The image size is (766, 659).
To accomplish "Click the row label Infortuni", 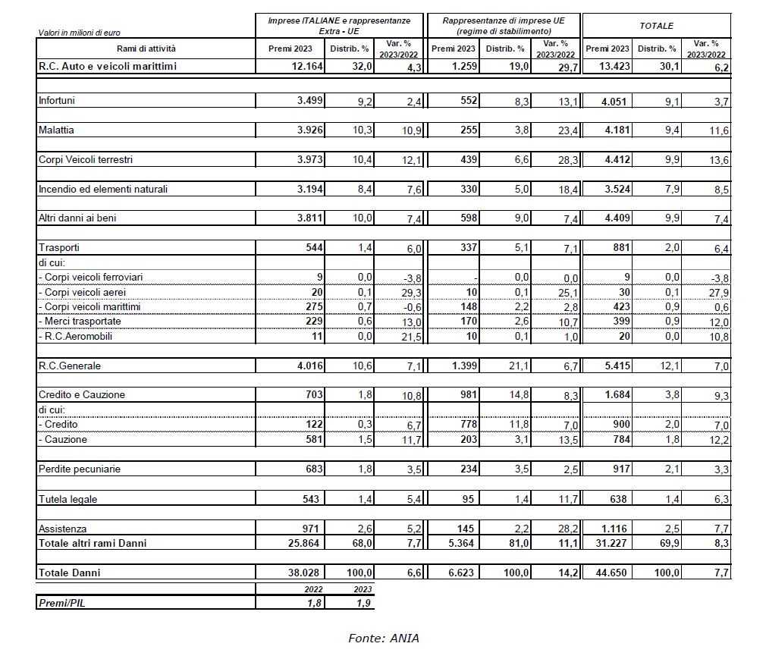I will pyautogui.click(x=56, y=100).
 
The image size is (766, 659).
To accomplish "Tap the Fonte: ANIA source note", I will pyautogui.click(x=383, y=638).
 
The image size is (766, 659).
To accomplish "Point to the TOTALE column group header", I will pyautogui.click(x=656, y=26).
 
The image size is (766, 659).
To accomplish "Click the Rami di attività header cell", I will pyautogui.click(x=146, y=49).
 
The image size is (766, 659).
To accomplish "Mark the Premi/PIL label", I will pyautogui.click(x=64, y=602).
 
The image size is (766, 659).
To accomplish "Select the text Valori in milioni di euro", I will pyautogui.click(x=79, y=33).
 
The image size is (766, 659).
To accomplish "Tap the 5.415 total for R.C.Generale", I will pyautogui.click(x=614, y=366).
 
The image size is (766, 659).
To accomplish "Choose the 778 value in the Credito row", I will pyautogui.click(x=467, y=425).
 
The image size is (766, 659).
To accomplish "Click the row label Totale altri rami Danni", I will pyautogui.click(x=93, y=543).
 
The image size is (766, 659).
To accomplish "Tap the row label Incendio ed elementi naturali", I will pyautogui.click(x=102, y=189).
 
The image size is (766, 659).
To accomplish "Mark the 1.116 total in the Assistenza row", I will pyautogui.click(x=614, y=529).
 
